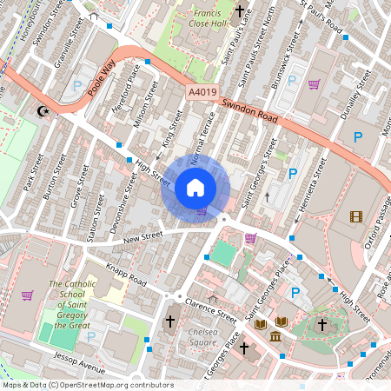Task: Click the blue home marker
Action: (195, 188)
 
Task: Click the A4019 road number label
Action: (201, 91)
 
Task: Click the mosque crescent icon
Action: (40, 110)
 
